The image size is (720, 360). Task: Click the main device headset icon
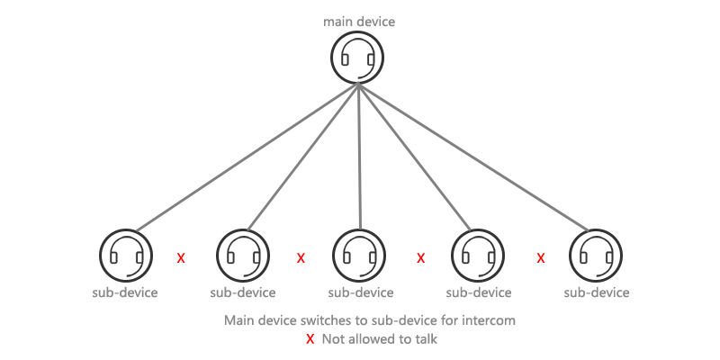pyautogui.click(x=357, y=57)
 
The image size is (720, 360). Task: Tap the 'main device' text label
pyautogui.click(x=359, y=22)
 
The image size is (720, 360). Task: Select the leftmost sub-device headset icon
pyautogui.click(x=126, y=256)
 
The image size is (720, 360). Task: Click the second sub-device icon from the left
pyautogui.click(x=242, y=256)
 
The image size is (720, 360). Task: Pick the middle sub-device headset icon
pyautogui.click(x=359, y=256)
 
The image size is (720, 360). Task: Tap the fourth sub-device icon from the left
pyautogui.click(x=478, y=256)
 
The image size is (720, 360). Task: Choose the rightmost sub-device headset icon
pyautogui.click(x=596, y=256)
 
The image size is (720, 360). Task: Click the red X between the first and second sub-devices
pyautogui.click(x=181, y=258)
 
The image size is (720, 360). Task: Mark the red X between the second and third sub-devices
pyautogui.click(x=301, y=258)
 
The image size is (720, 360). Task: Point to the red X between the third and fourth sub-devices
pyautogui.click(x=420, y=258)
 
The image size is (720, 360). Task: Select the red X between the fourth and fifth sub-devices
pyautogui.click(x=541, y=258)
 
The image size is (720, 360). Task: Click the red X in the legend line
pyautogui.click(x=310, y=339)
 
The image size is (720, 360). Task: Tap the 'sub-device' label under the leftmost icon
pyautogui.click(x=125, y=292)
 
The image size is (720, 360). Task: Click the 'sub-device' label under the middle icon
pyautogui.click(x=361, y=292)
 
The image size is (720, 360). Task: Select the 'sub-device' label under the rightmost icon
pyautogui.click(x=597, y=292)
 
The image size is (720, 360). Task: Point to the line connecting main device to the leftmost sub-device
pyautogui.click(x=247, y=157)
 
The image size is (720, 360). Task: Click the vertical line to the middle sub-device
pyautogui.click(x=359, y=156)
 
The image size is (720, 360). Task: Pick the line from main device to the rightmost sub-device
pyautogui.click(x=473, y=157)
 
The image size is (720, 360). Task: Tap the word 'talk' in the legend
pyautogui.click(x=427, y=339)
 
